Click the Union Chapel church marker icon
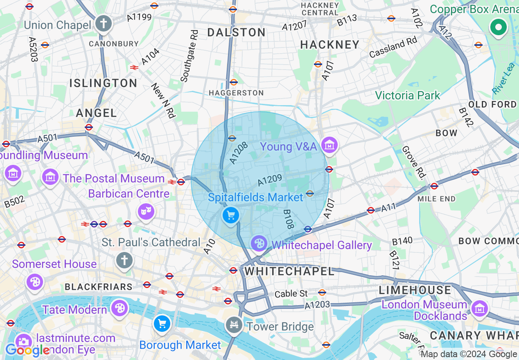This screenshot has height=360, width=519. pyautogui.click(x=104, y=24)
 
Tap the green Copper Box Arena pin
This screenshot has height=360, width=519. pyautogui.click(x=498, y=28)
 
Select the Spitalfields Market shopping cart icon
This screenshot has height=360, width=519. pyautogui.click(x=230, y=214)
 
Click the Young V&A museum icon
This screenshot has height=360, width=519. pyautogui.click(x=329, y=144)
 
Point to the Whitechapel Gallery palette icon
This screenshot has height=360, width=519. pyautogui.click(x=259, y=244)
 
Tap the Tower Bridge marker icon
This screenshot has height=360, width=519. pyautogui.click(x=234, y=326)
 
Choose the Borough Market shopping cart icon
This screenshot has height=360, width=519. pyautogui.click(x=162, y=324)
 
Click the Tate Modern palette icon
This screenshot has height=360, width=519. pyautogui.click(x=120, y=308)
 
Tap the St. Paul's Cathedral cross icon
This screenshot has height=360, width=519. pyautogui.click(x=124, y=260)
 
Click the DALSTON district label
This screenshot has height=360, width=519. pyautogui.click(x=236, y=32)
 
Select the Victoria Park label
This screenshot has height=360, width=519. pyautogui.click(x=407, y=96)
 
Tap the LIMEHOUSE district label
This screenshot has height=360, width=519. pyautogui.click(x=415, y=290)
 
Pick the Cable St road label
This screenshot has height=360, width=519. pyautogui.click(x=291, y=294)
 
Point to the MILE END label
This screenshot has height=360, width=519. pyautogui.click(x=436, y=199)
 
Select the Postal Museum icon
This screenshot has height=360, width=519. pyautogui.click(x=50, y=177)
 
